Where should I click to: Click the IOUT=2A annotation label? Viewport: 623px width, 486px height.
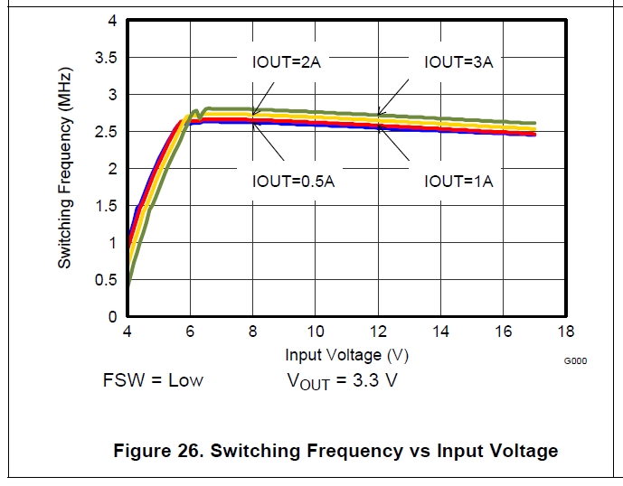coord(287,62)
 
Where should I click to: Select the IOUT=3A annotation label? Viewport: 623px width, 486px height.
coord(458,62)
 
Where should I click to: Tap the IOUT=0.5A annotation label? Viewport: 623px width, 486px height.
coord(293,182)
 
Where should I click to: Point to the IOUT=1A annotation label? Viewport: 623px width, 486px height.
coord(458,182)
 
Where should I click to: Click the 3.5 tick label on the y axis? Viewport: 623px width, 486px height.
coord(106,58)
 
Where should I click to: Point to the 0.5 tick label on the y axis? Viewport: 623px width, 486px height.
coord(106,280)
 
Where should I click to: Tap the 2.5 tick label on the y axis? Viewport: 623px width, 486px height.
coord(106,132)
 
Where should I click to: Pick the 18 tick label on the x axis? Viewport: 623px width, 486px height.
coord(567,332)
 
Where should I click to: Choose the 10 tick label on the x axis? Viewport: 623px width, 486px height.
coord(316,332)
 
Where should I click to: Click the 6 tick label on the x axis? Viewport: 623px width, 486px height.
coord(190,332)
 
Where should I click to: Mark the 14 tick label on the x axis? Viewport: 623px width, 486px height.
coord(441,332)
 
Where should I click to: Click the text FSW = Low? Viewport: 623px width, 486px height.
coord(153,380)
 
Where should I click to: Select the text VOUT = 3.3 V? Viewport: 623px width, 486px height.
coord(342,380)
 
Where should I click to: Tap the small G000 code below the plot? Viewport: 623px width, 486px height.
coord(576,360)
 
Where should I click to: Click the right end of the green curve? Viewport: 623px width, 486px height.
coord(535,123)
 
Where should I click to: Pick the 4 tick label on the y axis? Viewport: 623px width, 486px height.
coord(112,21)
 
